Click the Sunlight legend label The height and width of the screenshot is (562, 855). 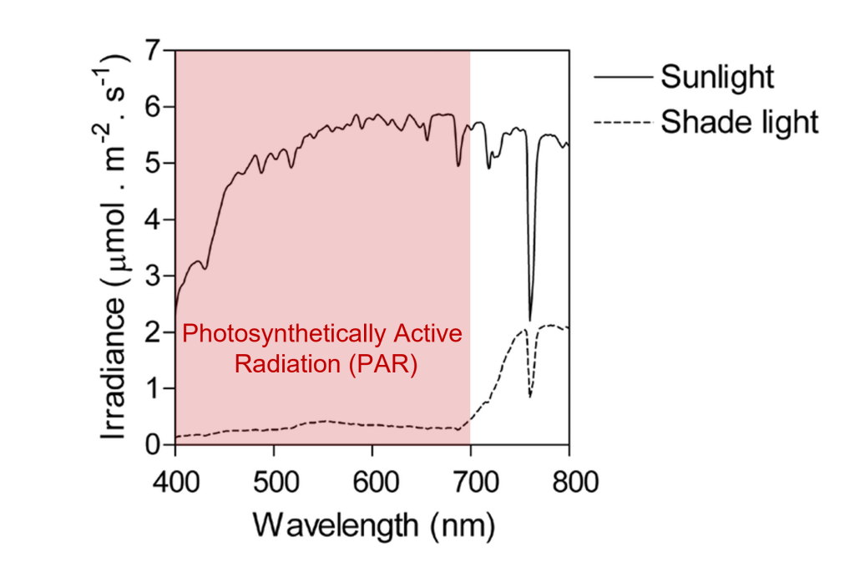click(x=717, y=77)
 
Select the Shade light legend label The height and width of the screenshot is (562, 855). click(x=739, y=123)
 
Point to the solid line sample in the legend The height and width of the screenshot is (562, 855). click(x=622, y=77)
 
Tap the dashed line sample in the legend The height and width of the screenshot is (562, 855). click(x=622, y=123)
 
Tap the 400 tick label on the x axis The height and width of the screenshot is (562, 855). click(x=175, y=484)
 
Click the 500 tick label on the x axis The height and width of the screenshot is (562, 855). click(x=274, y=484)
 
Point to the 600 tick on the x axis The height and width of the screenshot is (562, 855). click(x=372, y=484)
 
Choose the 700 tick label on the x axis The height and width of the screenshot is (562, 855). click(x=471, y=484)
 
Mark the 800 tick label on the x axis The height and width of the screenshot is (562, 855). click(x=569, y=484)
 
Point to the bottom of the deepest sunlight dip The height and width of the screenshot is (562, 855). click(x=529, y=319)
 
